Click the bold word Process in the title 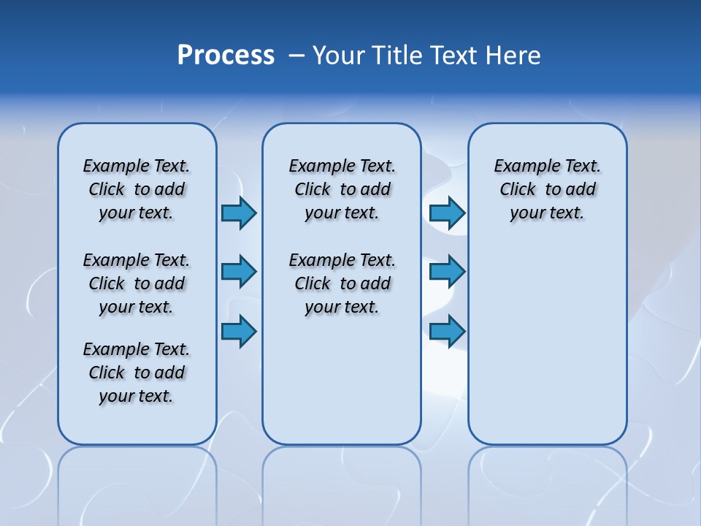[226, 56]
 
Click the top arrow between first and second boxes [239, 213]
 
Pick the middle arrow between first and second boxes [239, 272]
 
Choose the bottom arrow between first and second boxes [239, 332]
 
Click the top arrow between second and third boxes [447, 213]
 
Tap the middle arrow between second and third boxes [447, 272]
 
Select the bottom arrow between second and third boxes [447, 332]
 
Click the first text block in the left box [137, 189]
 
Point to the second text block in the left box [137, 283]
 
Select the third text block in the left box [137, 373]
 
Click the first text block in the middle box [342, 189]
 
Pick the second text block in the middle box [342, 283]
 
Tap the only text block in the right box [548, 189]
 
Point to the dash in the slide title [296, 56]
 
